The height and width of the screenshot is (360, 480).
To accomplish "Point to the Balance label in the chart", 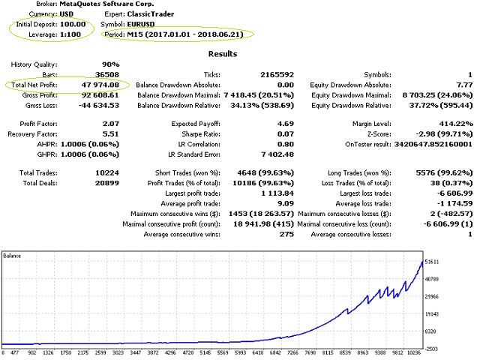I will (x=13, y=256).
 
